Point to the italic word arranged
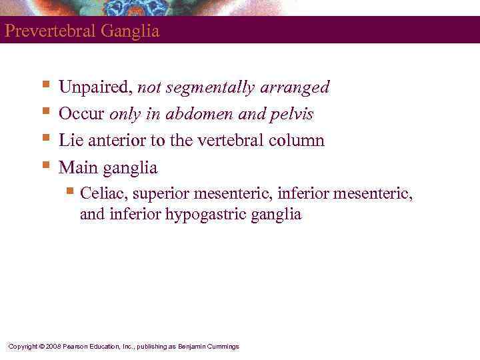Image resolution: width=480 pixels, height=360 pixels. (x=298, y=87)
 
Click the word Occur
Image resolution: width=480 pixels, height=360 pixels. (x=81, y=114)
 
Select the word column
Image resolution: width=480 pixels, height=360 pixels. (x=295, y=141)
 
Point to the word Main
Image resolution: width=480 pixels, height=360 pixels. (x=79, y=167)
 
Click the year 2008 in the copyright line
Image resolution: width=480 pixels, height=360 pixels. (x=53, y=346)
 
